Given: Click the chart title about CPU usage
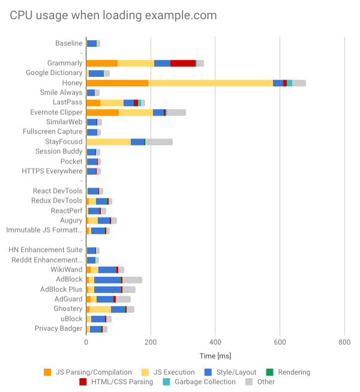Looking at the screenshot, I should (113, 16).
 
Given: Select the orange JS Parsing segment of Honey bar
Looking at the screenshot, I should (117, 83).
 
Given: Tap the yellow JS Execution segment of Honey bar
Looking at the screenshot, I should (210, 83).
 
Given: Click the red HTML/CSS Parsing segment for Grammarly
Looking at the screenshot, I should (183, 63).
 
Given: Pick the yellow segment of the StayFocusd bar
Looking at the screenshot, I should (109, 141).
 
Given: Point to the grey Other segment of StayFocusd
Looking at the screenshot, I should (159, 141).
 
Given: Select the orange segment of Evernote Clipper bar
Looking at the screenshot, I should (103, 112).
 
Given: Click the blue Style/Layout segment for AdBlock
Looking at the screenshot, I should (107, 279).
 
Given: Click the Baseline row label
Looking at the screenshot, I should (68, 43).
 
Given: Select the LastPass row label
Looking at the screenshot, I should (67, 102).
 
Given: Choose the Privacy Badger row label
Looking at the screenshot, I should (58, 328).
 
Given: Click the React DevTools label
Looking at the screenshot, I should (58, 191).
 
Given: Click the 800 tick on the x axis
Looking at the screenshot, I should (344, 342).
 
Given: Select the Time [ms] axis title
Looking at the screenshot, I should (215, 356).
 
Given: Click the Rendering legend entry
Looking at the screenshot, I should (290, 372).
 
